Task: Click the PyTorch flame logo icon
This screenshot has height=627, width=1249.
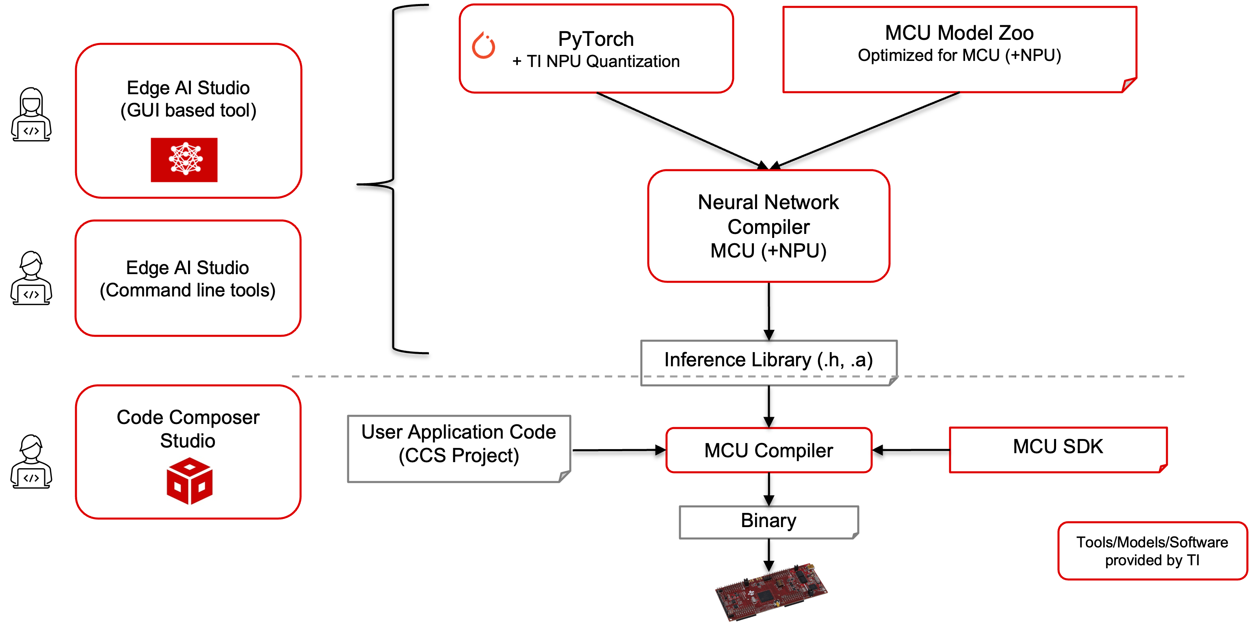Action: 483,45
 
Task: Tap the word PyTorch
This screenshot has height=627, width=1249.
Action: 596,39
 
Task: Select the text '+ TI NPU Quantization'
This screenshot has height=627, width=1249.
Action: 596,62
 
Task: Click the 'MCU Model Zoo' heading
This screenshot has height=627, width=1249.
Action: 959,33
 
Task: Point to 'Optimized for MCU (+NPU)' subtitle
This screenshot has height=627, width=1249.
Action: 959,55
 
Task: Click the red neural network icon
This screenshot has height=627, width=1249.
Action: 184,160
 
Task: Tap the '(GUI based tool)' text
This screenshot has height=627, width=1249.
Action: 188,110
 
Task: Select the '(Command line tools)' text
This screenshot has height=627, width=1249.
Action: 188,290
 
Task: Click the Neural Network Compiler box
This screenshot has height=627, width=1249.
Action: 768,226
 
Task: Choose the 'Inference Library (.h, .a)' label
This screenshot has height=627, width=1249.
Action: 768,360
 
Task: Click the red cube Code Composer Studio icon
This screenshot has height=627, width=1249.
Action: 190,481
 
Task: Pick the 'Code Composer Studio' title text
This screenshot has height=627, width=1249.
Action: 188,429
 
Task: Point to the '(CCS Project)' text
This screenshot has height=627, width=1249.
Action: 459,456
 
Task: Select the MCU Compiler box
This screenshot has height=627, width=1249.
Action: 768,450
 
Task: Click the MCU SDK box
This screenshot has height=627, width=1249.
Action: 1058,447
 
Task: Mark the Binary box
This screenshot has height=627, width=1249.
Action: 768,521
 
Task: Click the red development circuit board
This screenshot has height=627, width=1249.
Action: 771,591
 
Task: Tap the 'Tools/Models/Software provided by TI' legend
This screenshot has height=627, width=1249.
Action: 1152,551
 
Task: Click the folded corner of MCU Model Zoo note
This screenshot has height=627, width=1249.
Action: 1129,85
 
